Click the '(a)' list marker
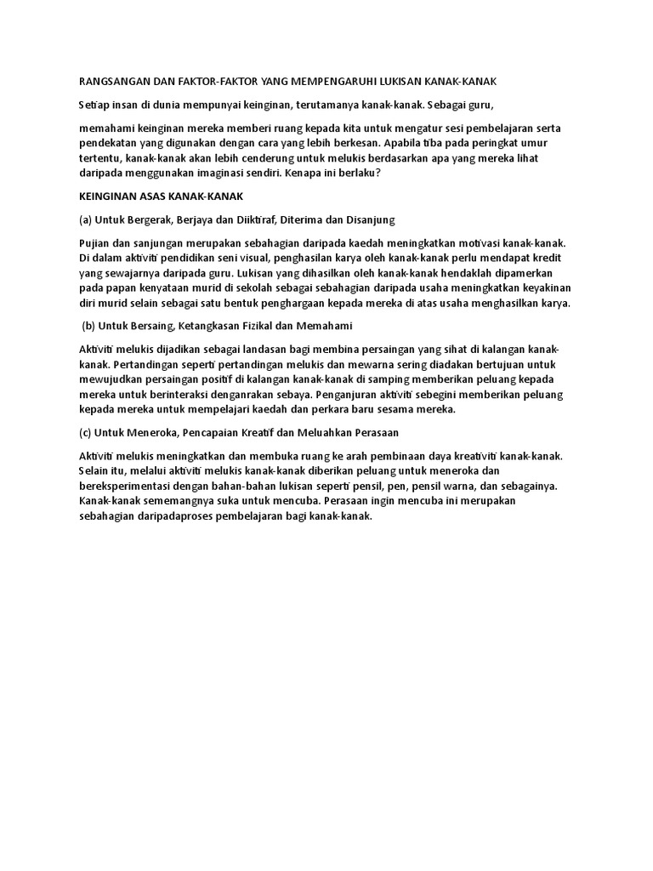(x=75, y=220)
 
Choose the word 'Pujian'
(x=82, y=243)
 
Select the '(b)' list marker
(x=87, y=326)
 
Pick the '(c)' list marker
(x=75, y=432)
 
